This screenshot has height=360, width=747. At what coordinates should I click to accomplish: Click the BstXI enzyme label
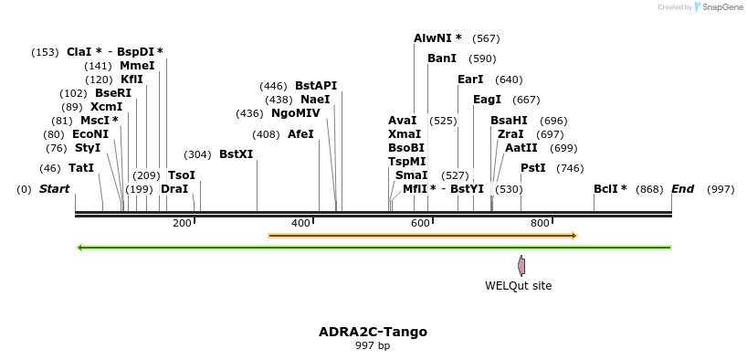pyautogui.click(x=237, y=154)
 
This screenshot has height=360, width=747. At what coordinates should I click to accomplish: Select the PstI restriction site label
pyautogui.click(x=533, y=168)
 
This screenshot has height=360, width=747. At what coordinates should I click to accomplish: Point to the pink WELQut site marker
pyautogui.click(x=521, y=266)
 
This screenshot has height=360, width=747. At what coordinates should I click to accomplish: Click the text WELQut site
pyautogui.click(x=519, y=286)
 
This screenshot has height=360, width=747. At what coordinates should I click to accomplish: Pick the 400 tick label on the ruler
pyautogui.click(x=300, y=223)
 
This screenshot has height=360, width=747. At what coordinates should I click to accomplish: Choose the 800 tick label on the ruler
pyautogui.click(x=540, y=223)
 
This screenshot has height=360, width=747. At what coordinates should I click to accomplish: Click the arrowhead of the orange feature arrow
pyautogui.click(x=575, y=235)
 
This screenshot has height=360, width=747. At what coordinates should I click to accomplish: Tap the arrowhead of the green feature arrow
pyautogui.click(x=79, y=248)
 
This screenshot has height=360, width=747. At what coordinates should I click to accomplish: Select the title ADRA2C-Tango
pyautogui.click(x=373, y=332)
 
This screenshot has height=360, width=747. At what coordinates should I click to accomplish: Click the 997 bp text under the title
pyautogui.click(x=373, y=345)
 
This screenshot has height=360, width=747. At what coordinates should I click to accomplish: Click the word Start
pyautogui.click(x=54, y=189)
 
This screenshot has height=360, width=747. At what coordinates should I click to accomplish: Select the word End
pyautogui.click(x=683, y=189)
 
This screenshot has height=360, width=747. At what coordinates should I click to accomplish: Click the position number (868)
pyautogui.click(x=649, y=189)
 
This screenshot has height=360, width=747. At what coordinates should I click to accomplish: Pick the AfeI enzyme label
pyautogui.click(x=300, y=134)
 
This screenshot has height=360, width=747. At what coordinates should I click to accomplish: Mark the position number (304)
pyautogui.click(x=197, y=154)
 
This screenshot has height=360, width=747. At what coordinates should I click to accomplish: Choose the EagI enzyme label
pyautogui.click(x=487, y=100)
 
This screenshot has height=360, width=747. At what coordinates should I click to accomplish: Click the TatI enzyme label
pyautogui.click(x=81, y=168)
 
